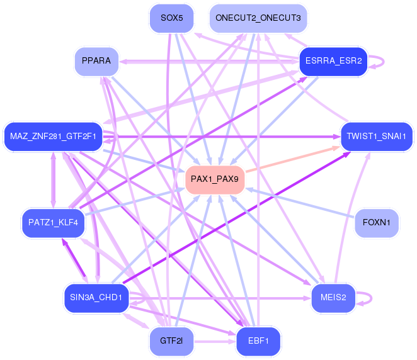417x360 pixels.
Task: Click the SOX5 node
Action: click(171, 18)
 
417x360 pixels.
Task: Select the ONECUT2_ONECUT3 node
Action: click(258, 18)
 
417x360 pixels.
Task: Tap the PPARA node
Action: click(96, 62)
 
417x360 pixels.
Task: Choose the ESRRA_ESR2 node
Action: click(333, 62)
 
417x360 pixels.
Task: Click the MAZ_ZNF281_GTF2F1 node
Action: click(53, 137)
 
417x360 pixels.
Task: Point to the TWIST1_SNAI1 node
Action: click(377, 137)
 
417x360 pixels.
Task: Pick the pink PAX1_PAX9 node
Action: click(215, 179)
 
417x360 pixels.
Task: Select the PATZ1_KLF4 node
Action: click(53, 223)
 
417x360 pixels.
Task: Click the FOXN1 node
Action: click(377, 223)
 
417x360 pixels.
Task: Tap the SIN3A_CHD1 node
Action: click(96, 298)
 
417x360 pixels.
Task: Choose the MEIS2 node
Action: click(333, 298)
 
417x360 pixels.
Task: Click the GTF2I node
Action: click(171, 341)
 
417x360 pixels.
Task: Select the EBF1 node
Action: click(258, 341)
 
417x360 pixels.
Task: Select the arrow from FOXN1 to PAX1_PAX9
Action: click(300, 203)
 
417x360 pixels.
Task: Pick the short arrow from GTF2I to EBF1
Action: click(215, 341)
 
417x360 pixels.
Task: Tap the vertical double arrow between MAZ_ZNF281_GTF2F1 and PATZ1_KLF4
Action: click(54, 180)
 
